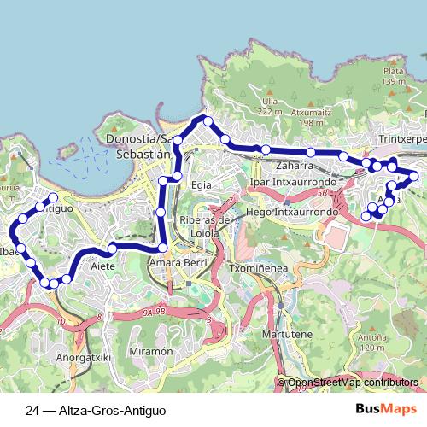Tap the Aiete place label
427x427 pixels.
tap(103, 266)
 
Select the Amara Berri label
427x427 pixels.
tap(178, 263)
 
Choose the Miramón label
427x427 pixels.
tap(151, 351)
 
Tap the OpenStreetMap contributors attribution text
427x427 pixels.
tap(353, 383)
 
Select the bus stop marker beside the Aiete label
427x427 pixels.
tap(112, 249)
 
